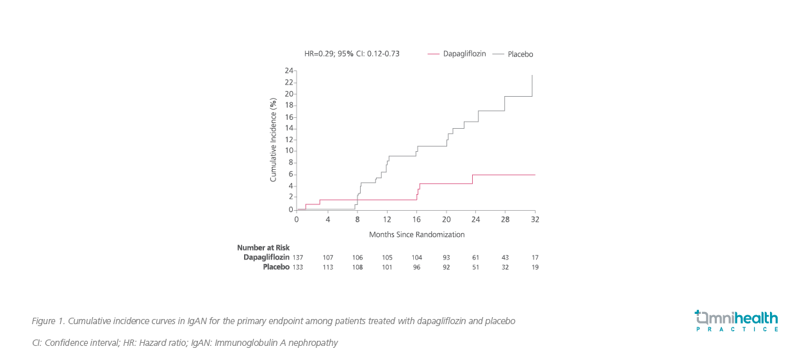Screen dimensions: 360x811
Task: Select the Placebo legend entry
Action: [x=520, y=54]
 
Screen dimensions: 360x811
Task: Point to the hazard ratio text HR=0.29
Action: [x=318, y=54]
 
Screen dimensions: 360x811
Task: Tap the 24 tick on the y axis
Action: [x=289, y=70]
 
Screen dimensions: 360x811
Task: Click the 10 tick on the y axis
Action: [x=289, y=151]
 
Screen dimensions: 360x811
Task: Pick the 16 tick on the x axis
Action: [x=416, y=219]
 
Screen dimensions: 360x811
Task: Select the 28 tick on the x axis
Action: [x=505, y=219]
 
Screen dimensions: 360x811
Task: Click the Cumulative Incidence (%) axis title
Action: [x=274, y=140]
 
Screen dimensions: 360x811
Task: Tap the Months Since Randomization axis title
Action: [x=416, y=234]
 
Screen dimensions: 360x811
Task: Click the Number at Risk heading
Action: [x=263, y=247]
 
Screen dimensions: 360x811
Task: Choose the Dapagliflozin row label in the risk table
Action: [x=266, y=257]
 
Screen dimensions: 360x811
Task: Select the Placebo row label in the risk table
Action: [x=276, y=266]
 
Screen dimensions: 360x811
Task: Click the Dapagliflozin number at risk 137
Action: [x=298, y=257]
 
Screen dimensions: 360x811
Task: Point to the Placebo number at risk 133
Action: [x=298, y=266]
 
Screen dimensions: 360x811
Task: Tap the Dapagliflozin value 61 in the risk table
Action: [x=475, y=257]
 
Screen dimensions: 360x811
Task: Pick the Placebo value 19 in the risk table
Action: [x=535, y=266]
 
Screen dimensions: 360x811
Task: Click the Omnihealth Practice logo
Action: [x=737, y=320]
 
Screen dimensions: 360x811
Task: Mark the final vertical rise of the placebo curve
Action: [x=532, y=86]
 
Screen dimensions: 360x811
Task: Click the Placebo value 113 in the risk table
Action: [x=328, y=266]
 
